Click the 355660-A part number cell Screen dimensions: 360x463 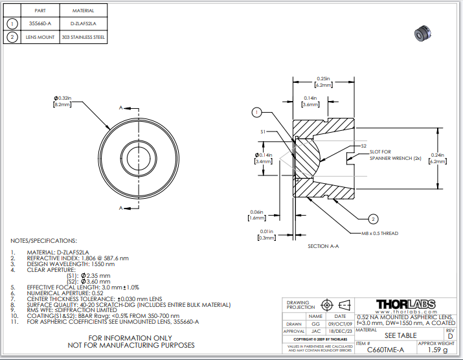(40, 23)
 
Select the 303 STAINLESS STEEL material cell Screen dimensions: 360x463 (82, 37)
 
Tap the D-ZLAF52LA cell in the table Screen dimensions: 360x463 (82, 23)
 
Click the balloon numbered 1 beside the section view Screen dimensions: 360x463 (256, 112)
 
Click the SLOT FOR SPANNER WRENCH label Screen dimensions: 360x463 (395, 154)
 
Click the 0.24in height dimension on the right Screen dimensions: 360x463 (438, 158)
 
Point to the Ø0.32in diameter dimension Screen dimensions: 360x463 (63, 101)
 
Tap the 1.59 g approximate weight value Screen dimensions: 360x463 (438, 350)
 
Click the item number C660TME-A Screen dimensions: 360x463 (385, 350)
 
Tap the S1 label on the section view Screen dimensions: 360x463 (264, 131)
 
